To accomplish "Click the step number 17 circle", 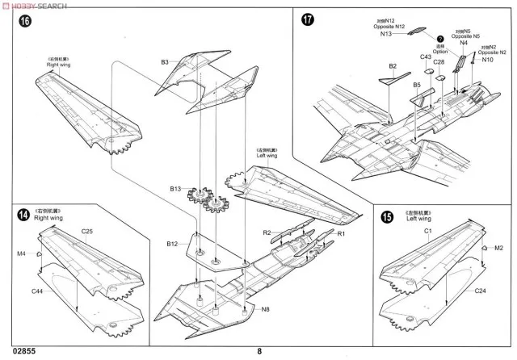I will pos(307,21).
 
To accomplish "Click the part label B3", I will pos(164,61).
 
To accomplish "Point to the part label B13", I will pos(175,189).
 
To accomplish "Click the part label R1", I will pos(341,233).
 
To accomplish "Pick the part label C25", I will pos(87,232).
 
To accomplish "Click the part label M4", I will pos(22,253).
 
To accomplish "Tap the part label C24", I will pos(479,291).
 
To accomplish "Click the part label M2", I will pos(498,249).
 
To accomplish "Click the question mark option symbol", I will pos(440,39).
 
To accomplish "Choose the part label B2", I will pos(393,65).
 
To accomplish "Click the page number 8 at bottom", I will pos(259,351).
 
